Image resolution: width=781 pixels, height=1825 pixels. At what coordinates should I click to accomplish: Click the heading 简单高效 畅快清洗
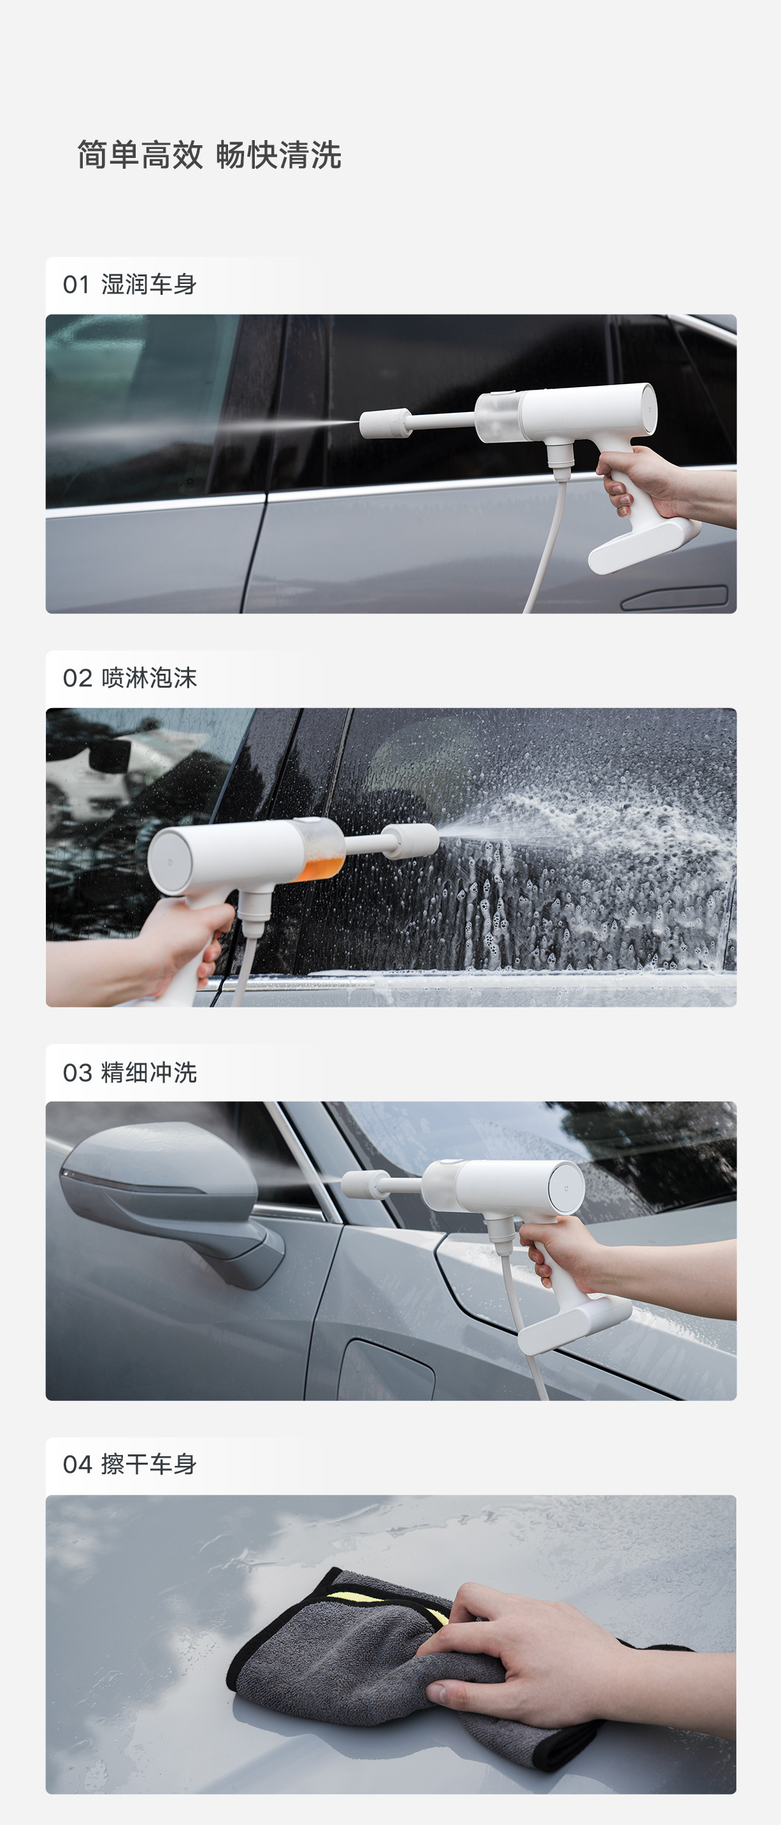pos(209,155)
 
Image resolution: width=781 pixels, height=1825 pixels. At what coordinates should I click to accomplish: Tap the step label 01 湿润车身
pos(130,284)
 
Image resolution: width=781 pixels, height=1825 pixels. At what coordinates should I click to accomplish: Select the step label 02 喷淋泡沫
pos(130,678)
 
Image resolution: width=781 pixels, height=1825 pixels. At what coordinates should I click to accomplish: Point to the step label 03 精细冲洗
pos(130,1072)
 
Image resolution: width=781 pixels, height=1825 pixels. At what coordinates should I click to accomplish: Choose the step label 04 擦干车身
pos(130,1464)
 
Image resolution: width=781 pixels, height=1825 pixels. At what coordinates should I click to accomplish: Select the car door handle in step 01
pos(674,597)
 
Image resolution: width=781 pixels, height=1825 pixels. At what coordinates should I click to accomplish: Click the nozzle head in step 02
pos(411,842)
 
